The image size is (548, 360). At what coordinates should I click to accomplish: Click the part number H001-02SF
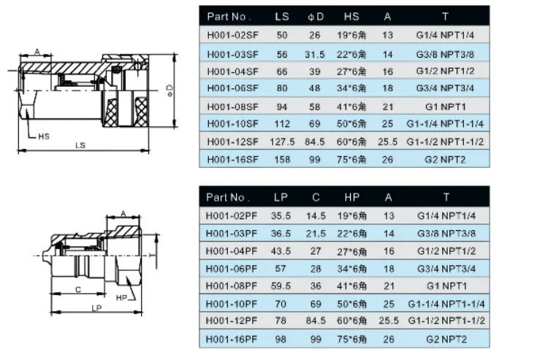[233, 35]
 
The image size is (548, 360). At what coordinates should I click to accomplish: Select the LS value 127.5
[282, 142]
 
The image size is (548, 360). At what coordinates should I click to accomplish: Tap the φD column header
[316, 17]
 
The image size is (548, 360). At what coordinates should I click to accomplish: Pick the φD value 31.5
[314, 55]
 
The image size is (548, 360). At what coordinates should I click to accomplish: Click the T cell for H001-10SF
[445, 124]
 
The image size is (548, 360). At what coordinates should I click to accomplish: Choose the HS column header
[351, 17]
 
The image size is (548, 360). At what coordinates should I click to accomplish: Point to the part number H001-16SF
[233, 160]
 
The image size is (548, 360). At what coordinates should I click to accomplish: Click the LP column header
[281, 197]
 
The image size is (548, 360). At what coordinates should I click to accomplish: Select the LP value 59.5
[281, 286]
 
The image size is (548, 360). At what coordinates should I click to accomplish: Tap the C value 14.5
[316, 216]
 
